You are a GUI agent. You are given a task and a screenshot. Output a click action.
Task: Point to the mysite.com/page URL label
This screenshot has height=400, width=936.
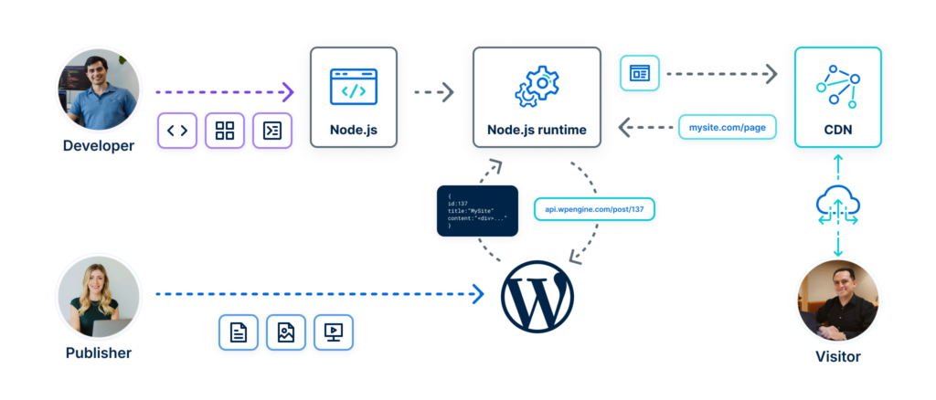728,127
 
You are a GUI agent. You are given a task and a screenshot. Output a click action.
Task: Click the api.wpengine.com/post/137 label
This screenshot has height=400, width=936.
595,209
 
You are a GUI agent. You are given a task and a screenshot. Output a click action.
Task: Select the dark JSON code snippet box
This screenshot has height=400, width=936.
477,211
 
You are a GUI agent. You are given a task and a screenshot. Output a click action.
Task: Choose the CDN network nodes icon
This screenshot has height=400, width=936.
837,86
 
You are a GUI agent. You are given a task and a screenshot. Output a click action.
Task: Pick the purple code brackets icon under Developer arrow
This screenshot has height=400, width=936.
177,131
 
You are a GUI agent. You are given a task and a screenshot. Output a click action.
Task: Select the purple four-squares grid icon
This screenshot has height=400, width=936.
225,131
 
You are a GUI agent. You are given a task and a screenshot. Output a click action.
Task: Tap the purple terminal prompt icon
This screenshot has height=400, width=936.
272,131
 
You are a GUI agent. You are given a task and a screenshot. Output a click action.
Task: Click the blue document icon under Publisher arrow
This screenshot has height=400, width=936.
239,333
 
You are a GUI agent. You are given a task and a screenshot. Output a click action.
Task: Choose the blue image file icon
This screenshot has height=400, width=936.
286,333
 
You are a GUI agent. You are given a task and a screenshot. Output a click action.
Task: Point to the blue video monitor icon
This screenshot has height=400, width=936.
334,333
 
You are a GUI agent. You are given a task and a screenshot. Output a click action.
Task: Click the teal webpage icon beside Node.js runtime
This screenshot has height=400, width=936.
639,73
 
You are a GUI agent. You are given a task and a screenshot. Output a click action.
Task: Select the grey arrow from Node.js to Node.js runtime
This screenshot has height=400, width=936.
434,91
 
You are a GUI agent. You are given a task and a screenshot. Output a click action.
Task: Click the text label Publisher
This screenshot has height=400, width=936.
98,353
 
